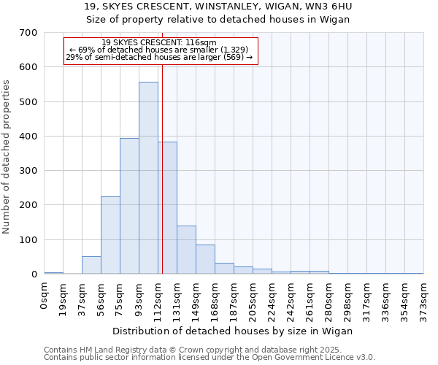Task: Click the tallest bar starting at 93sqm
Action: pos(148,178)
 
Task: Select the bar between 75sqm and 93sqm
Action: pos(129,206)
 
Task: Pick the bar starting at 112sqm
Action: pos(168,208)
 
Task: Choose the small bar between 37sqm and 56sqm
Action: pos(91,265)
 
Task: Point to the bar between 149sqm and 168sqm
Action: pos(205,259)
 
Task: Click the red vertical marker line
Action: pos(162,182)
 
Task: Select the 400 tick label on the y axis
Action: pos(28,137)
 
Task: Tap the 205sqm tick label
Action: pos(253,299)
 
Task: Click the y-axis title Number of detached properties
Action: pos(7,158)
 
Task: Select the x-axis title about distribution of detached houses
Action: pos(233,331)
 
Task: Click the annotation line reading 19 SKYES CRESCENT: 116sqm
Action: pos(159,43)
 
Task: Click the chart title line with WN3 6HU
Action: pos(218,7)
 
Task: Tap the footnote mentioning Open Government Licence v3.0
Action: pos(210,357)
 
